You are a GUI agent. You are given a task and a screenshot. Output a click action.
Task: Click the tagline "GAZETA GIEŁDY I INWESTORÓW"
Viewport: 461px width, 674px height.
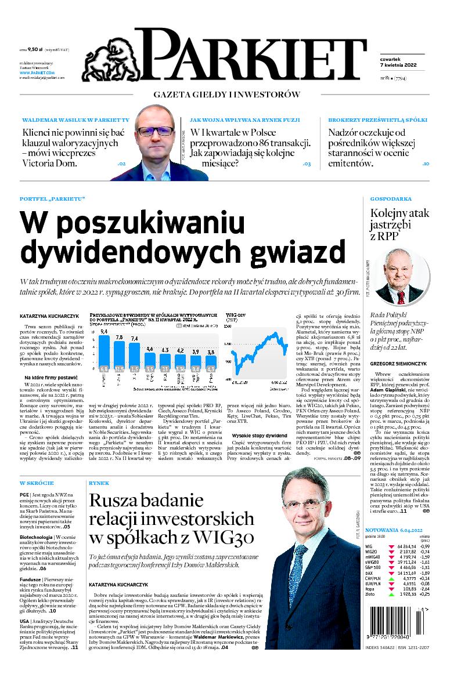click(x=226, y=94)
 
